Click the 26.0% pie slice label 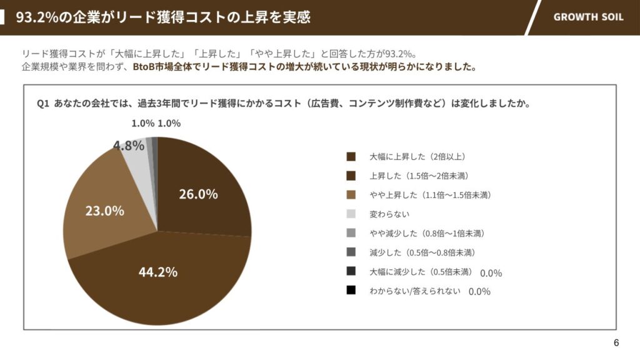click(x=198, y=194)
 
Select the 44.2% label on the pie click(x=157, y=272)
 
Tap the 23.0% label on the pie click(x=104, y=211)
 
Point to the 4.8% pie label click(x=128, y=146)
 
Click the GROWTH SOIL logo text click(x=588, y=17)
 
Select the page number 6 click(x=616, y=342)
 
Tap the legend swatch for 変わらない click(x=351, y=214)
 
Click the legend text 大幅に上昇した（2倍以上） click(x=417, y=156)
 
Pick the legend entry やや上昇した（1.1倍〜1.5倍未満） click(x=430, y=195)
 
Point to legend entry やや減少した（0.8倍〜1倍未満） click(x=427, y=233)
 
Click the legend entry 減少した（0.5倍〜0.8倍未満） click(x=422, y=252)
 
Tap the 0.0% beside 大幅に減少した click(x=491, y=273)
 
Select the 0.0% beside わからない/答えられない click(x=479, y=292)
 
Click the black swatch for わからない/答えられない click(x=351, y=291)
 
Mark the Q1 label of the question click(x=43, y=104)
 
